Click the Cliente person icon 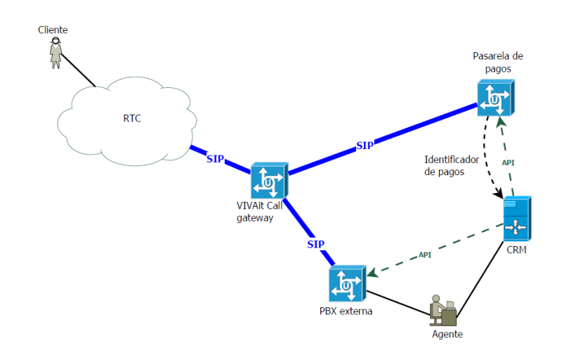pos(56,53)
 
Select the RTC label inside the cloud pos(132,118)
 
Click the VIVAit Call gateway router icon pos(270,181)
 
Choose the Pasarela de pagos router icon pos(496,97)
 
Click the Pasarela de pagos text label pos(498,63)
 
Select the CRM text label pos(516,250)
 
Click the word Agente pos(447,334)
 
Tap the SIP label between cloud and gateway pos(215,159)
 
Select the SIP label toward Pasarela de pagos pos(365,146)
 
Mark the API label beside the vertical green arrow pos(509,162)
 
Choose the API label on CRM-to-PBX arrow pos(424,255)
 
